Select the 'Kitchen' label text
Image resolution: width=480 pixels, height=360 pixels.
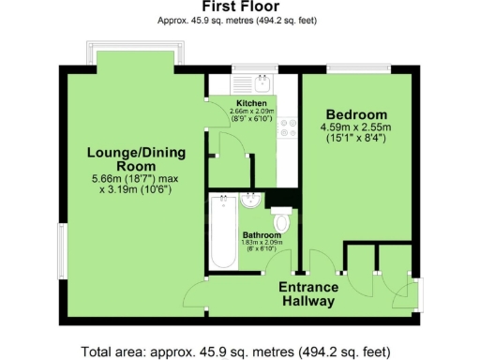(251, 102)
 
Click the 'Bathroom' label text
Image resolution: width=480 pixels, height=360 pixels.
(262, 234)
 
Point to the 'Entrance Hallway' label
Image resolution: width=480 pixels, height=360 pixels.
(308, 294)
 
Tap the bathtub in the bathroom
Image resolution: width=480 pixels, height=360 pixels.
(221, 232)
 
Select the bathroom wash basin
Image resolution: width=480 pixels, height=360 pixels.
(251, 202)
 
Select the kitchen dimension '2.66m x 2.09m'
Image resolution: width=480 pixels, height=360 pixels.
(250, 112)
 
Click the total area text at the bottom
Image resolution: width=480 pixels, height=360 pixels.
(240, 352)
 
